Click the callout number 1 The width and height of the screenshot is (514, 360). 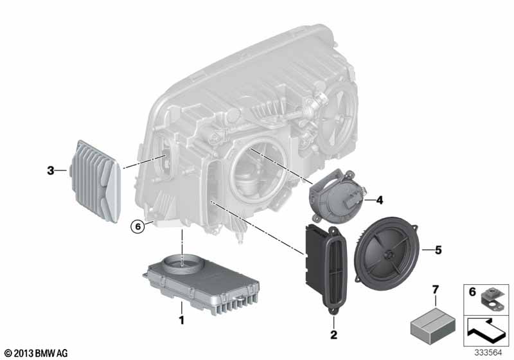pos(181,320)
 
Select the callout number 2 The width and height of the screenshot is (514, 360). pos(333,335)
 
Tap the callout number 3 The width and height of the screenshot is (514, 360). pos(51,170)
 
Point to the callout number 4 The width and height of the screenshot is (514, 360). pos(380,200)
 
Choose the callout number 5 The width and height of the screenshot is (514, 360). pos(438,250)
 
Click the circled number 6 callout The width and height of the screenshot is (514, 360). pos(138,226)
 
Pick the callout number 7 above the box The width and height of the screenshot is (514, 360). pos(436,290)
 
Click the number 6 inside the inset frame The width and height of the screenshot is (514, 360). pos(472,292)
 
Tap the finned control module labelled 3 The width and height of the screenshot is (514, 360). pos(94,181)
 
